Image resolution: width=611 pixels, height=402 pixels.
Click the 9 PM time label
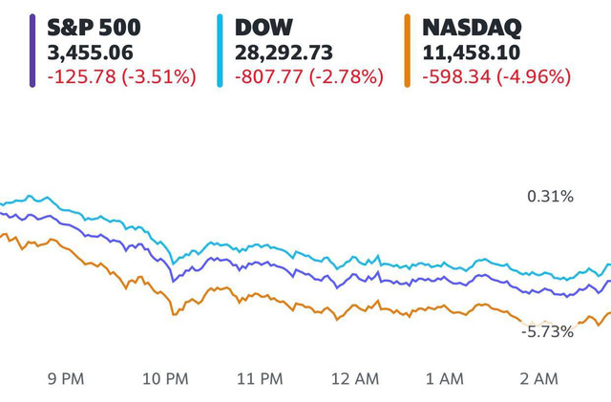pos(65,379)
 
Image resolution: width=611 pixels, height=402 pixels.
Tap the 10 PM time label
pos(164,379)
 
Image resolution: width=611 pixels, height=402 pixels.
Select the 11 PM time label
pos(260,379)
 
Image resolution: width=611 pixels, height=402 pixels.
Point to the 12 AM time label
pos(355,379)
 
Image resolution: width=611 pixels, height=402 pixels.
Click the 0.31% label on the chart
pos(550,197)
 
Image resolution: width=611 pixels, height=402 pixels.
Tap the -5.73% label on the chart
pos(547,331)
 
